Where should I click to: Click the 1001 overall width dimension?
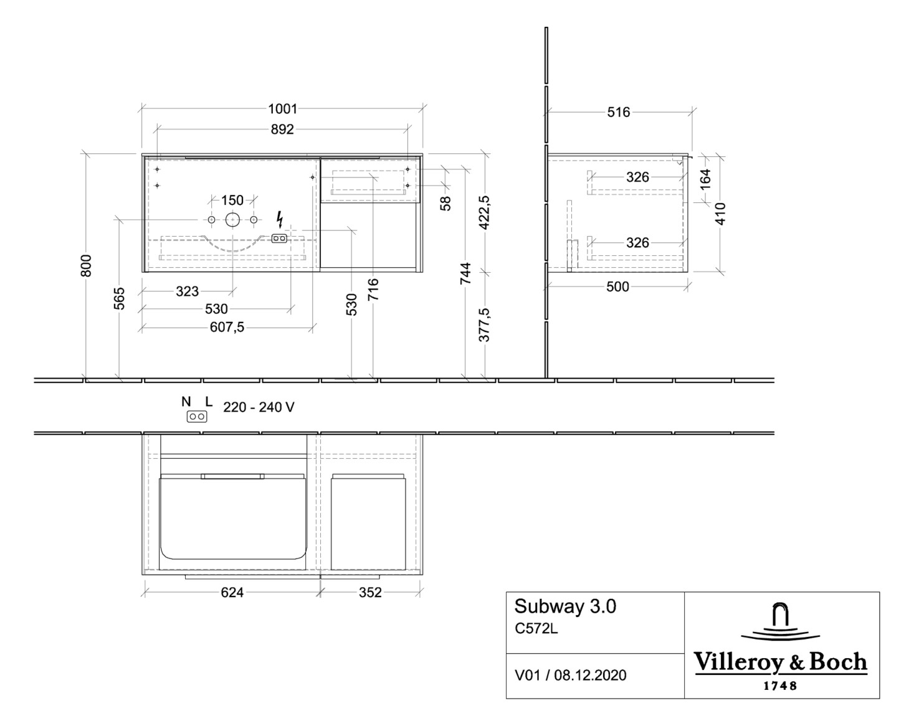coord(282,109)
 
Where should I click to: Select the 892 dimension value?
coord(282,130)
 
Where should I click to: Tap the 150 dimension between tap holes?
coord(232,200)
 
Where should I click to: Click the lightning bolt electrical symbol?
coord(280,219)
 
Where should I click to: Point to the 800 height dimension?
coord(87,266)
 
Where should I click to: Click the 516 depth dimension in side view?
coord(618,112)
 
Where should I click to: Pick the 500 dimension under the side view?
coord(617,287)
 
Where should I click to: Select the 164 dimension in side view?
coord(705,179)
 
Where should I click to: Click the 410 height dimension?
coord(721,214)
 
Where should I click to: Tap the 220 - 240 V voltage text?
coord(259,407)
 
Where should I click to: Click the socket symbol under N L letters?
coord(197,417)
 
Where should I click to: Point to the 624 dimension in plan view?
coord(232,593)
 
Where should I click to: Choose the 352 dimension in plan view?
coord(369,593)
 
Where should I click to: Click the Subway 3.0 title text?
coord(565,606)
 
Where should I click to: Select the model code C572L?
coord(536,629)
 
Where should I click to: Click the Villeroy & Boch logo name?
coord(781,662)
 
